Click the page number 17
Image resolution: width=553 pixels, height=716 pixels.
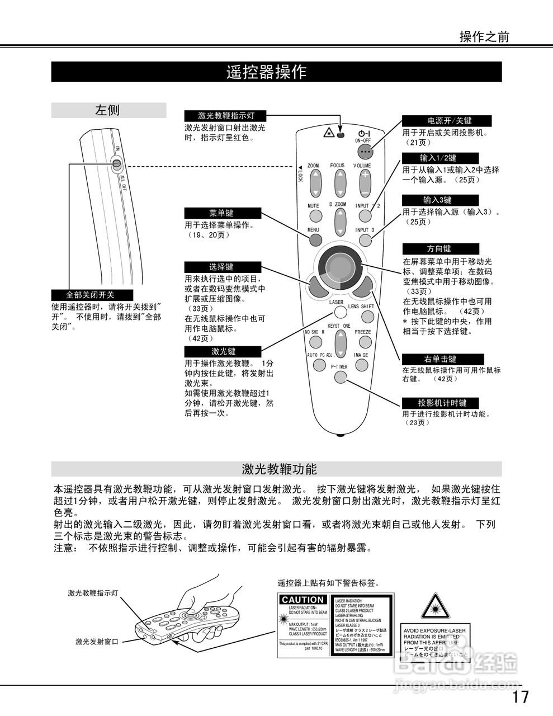pos(519,697)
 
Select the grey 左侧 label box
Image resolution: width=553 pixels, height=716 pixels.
pos(108,110)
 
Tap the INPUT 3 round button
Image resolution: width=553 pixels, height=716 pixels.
pos(365,241)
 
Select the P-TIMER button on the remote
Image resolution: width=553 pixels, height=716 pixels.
pos(341,376)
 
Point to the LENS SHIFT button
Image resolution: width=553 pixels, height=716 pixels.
pos(367,317)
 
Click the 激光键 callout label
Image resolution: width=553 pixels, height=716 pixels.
pos(223,351)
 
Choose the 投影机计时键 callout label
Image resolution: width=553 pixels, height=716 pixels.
pos(442,403)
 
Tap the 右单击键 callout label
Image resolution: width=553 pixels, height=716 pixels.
pos(440,359)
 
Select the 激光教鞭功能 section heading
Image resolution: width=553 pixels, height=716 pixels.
pos(276,469)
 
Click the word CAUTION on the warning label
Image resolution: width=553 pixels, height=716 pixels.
pos(303,600)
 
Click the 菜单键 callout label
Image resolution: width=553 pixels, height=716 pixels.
pos(222,213)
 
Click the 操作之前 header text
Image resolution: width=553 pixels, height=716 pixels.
pos(484,37)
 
